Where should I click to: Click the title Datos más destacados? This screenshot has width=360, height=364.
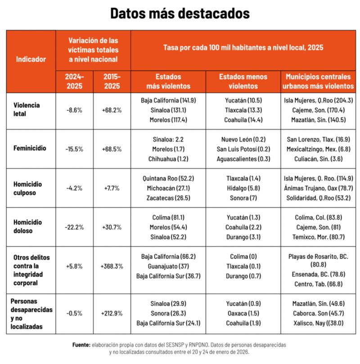[180, 13]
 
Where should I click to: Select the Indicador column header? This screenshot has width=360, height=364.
[30, 59]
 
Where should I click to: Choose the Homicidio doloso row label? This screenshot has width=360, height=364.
[28, 226]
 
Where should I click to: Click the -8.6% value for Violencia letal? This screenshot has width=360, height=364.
[74, 109]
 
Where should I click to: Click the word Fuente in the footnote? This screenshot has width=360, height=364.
[81, 344]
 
